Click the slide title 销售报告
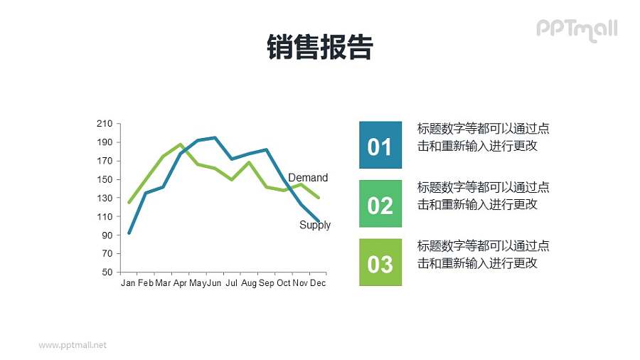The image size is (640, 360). tap(320, 48)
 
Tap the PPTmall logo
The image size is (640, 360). tap(576, 29)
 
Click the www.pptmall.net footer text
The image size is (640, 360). tap(73, 345)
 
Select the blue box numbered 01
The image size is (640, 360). tap(380, 145)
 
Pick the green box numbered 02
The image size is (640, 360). tap(380, 204)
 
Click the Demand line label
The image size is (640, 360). tap(308, 178)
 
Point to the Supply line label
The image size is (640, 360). tap(315, 225)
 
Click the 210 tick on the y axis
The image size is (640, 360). tap(105, 124)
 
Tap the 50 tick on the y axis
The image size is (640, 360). tap(107, 272)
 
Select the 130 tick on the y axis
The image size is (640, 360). tap(105, 198)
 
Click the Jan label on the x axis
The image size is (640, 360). tap(128, 283)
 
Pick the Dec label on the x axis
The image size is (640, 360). tap(318, 283)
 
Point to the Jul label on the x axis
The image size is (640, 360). tap(231, 283)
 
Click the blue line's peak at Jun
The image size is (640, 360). tap(215, 137)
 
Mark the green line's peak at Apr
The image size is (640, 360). tap(181, 144)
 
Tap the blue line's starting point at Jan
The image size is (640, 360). tap(129, 233)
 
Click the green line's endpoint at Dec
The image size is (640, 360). tap(318, 197)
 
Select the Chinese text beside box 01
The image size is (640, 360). tap(483, 137)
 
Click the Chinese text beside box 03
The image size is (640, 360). tap(483, 255)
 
